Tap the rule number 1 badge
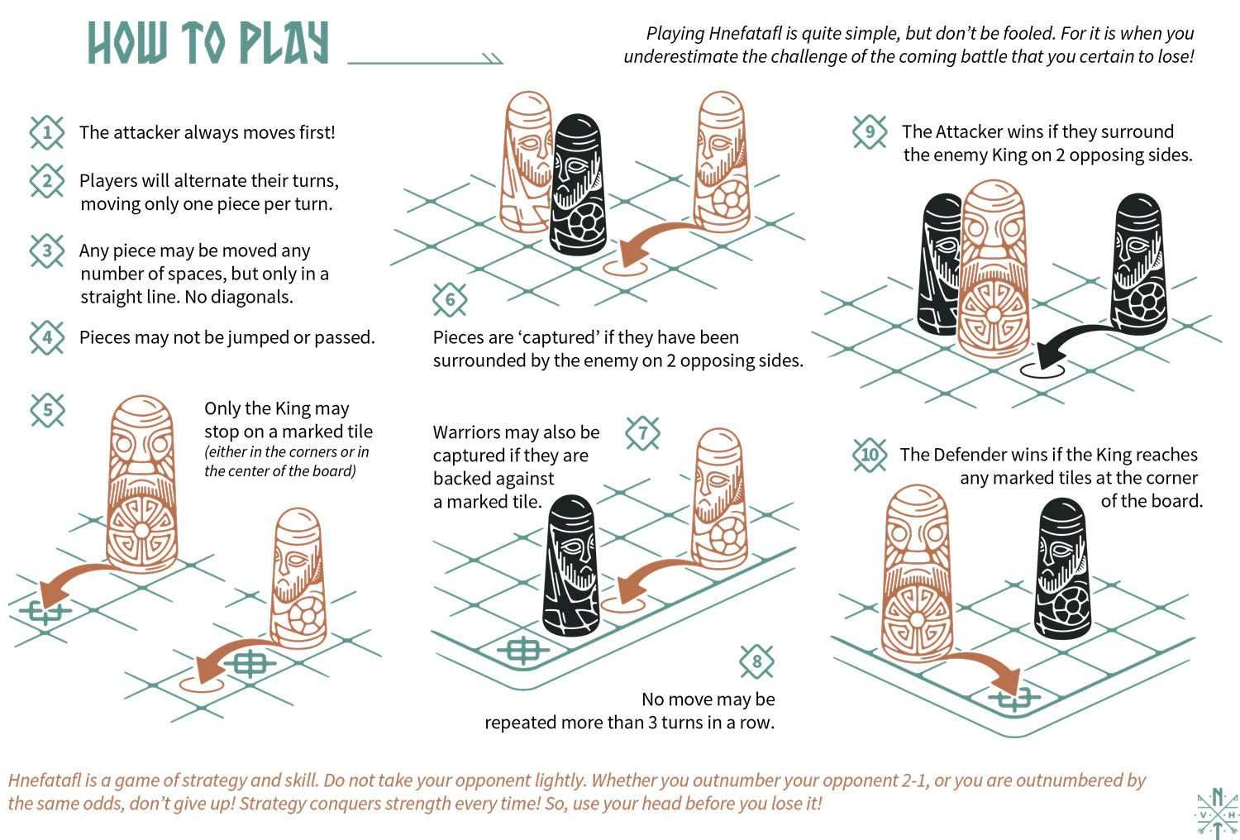(x=47, y=132)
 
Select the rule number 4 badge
(x=47, y=337)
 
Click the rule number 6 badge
(x=450, y=299)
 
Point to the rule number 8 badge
(x=757, y=661)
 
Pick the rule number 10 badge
(x=870, y=455)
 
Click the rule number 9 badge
(x=870, y=132)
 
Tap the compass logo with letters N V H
(x=1217, y=814)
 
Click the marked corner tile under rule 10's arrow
(x=1013, y=699)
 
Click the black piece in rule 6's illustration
(x=577, y=186)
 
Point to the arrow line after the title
(x=425, y=59)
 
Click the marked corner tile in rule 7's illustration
(x=522, y=650)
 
